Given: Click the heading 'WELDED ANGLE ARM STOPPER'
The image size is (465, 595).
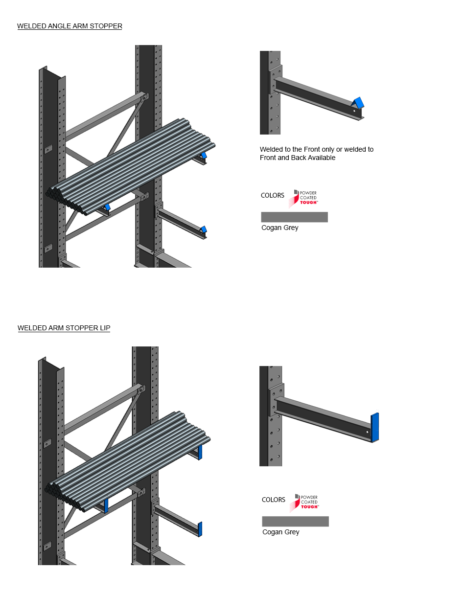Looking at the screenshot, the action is pos(70,26).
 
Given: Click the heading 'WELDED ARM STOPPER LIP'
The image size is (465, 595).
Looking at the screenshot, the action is pos(64,328).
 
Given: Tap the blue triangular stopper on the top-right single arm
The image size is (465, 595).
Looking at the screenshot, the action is pos(358,102).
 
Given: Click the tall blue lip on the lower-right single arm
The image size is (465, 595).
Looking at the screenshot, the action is pos(374,427).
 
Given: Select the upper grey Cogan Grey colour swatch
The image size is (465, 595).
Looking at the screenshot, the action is pos(294,217).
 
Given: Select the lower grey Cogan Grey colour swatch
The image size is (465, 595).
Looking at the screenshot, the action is pos(296,521).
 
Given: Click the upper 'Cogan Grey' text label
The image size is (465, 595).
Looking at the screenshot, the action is pos(280,228).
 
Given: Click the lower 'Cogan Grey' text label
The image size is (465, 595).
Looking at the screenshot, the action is pos(280,532).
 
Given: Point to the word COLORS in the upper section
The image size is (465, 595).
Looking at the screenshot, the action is pos(273,195).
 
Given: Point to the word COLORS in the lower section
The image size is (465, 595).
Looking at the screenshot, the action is pos(273,500).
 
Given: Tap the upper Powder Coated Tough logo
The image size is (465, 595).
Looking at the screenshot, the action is pos(303,198).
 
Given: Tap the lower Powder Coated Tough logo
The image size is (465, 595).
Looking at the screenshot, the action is pos(304,503).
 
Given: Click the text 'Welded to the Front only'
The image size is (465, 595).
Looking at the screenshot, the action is pos(298,149).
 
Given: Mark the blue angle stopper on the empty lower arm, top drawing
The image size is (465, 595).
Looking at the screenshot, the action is pos(204,229).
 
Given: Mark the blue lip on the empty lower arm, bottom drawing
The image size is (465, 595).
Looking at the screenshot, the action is pos(200,529).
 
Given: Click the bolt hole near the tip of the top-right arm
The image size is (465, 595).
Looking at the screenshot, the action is pos(354,111).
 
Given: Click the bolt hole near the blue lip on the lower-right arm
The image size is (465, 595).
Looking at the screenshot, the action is pos(368,432).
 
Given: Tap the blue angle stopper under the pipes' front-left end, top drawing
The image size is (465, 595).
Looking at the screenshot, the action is pos(107,207).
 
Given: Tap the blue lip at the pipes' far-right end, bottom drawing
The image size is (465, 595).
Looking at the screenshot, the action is pos(200,452).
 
